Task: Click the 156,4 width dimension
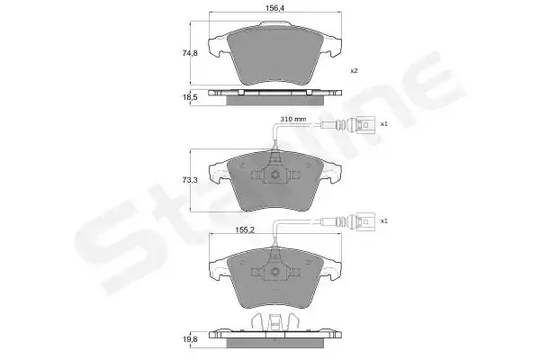pos(274,9)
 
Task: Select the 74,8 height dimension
pos(189,53)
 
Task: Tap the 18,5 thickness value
pos(189,97)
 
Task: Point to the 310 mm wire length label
pos(292,119)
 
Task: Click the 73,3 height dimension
pos(189,180)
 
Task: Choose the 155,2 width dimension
pos(245,229)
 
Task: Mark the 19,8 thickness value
pos(189,339)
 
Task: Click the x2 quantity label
pos(354,71)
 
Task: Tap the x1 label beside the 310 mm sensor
pos(383,124)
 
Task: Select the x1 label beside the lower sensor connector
pos(383,220)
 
